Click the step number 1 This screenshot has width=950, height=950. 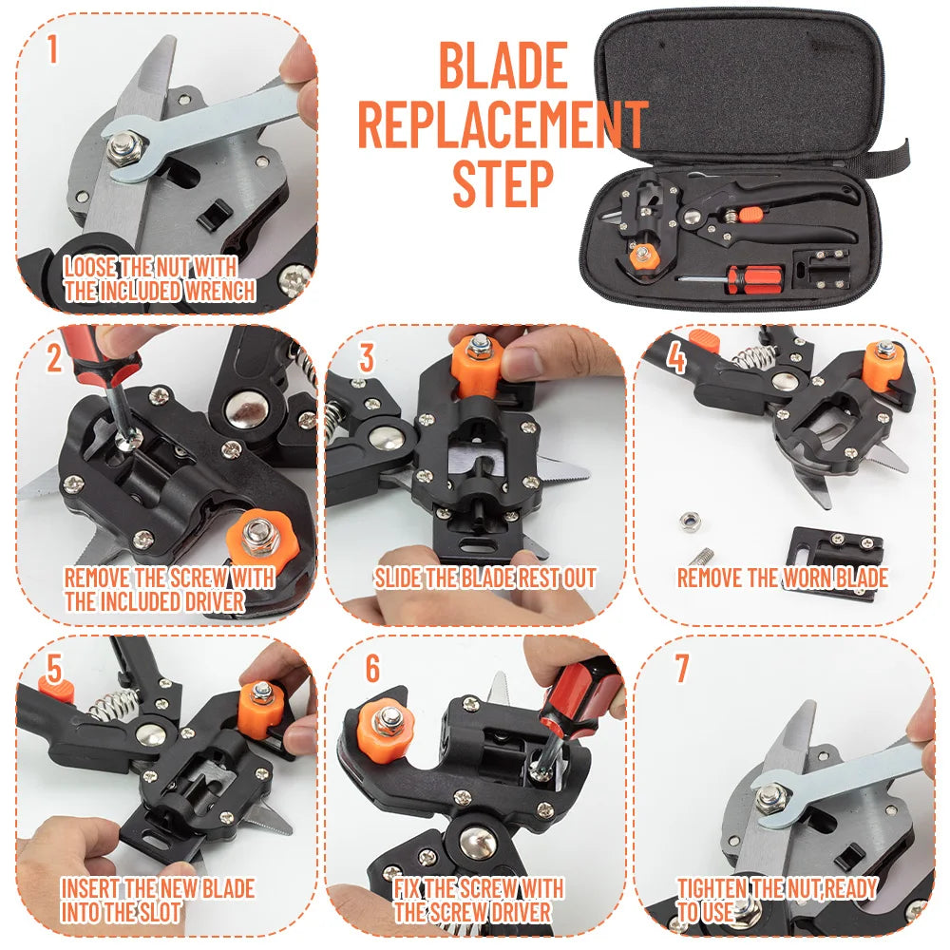[52, 47]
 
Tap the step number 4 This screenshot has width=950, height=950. [676, 358]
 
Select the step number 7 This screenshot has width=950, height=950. [680, 668]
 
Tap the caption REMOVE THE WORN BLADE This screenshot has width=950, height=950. [782, 578]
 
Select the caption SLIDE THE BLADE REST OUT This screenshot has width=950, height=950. [484, 578]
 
